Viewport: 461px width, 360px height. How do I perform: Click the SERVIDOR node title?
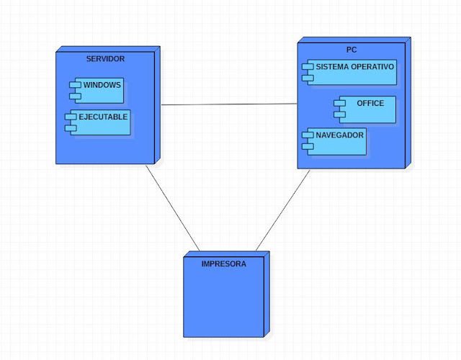pyautogui.click(x=105, y=58)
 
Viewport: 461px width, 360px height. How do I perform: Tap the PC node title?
pyautogui.click(x=352, y=50)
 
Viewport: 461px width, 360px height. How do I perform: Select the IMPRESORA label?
pyautogui.click(x=224, y=264)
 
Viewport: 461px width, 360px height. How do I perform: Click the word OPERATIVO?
pyautogui.click(x=372, y=66)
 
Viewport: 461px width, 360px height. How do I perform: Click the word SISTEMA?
pyautogui.click(x=332, y=66)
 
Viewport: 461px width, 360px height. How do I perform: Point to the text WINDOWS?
pyautogui.click(x=102, y=85)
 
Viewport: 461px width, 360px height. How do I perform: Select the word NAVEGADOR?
pyautogui.click(x=340, y=135)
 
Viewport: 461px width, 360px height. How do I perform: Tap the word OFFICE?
pyautogui.click(x=370, y=103)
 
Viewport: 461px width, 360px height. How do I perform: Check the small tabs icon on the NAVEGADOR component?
pyautogui.click(x=307, y=140)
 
